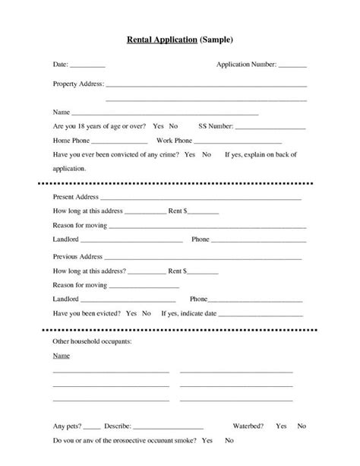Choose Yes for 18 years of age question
(x=158, y=125)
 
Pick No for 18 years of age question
(x=173, y=125)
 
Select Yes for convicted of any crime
(x=189, y=154)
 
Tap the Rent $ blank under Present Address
(x=205, y=212)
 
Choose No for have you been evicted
(x=147, y=313)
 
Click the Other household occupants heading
(x=92, y=342)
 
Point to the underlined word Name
(x=61, y=356)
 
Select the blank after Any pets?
(x=91, y=427)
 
